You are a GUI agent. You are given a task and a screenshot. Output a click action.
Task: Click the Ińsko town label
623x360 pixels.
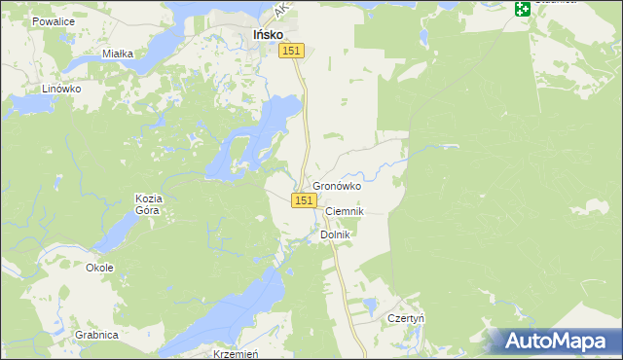[268, 34]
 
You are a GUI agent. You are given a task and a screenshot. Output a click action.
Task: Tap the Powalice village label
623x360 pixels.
[53, 20]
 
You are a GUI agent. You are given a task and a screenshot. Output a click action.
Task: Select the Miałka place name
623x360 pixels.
[118, 54]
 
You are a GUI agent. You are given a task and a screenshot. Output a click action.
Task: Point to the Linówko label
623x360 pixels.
[60, 88]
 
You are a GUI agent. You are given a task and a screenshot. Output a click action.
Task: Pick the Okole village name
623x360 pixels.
[99, 268]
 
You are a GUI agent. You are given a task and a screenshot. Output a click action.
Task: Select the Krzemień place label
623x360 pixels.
[235, 354]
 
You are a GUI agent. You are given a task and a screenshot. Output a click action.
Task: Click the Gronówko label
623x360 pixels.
[337, 186]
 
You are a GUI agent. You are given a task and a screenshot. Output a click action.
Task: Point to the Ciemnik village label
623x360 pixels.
[344, 211]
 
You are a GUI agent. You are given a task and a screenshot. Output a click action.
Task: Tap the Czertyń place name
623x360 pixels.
[406, 318]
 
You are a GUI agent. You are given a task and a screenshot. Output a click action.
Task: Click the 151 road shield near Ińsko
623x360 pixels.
[293, 52]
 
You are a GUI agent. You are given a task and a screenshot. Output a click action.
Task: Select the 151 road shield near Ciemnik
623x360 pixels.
[303, 199]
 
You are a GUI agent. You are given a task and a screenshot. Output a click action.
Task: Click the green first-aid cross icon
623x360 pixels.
[523, 9]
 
